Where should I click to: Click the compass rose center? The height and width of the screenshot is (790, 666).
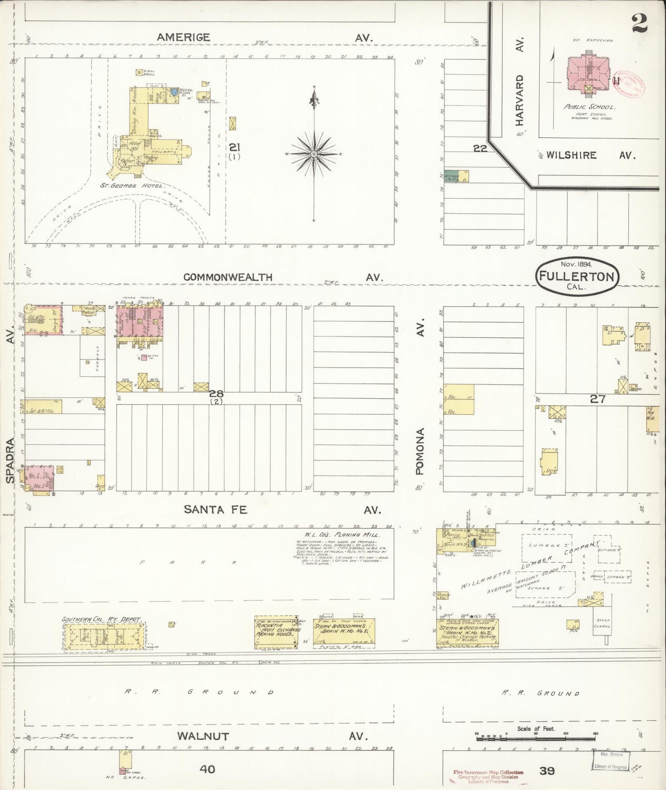pos(314,153)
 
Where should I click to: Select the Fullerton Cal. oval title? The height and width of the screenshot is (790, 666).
pos(577,276)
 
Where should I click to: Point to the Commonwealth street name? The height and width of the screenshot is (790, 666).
pos(228,277)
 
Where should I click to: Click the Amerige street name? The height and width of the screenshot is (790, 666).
pos(183,37)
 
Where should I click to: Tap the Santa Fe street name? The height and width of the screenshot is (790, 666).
pos(215,509)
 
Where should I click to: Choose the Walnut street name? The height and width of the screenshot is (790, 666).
pos(203,736)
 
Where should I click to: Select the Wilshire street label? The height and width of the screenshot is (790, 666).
pos(572,155)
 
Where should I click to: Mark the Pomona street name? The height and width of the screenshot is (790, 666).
pos(419,451)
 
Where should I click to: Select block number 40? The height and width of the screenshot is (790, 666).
pos(207,769)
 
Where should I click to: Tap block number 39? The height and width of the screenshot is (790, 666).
pos(547,770)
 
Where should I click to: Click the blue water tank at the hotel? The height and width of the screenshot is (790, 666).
pos(173,92)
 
